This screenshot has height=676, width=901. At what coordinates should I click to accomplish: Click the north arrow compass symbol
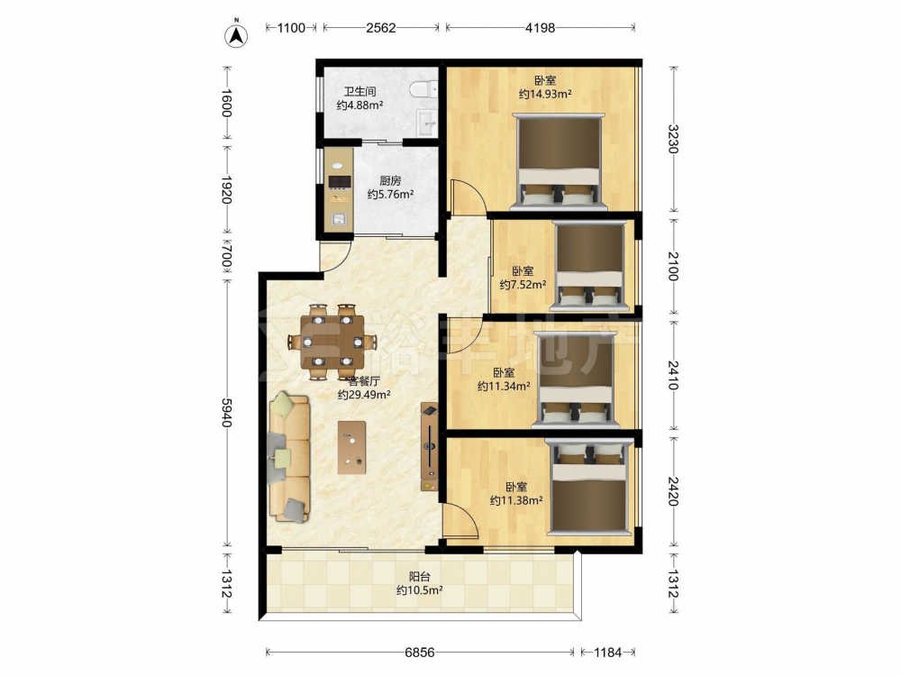point(235,35)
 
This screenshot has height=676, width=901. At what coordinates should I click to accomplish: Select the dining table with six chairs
point(332,342)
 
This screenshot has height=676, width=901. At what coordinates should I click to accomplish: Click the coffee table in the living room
point(351,447)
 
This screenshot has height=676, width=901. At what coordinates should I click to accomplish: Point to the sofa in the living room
point(288,457)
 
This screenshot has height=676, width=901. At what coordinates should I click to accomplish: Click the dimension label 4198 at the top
point(540,28)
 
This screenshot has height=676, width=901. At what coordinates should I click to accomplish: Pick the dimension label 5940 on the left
point(226,413)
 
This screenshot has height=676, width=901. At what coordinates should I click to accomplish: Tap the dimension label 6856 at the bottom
point(420,653)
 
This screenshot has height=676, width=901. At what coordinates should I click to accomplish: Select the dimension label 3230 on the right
point(673,139)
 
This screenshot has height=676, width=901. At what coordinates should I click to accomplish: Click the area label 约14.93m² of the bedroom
point(545,95)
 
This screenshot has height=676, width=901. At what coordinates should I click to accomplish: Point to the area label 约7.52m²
point(523,284)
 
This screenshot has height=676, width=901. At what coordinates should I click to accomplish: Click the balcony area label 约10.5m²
point(419,589)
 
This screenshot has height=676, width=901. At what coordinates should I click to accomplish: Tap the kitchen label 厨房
point(391,180)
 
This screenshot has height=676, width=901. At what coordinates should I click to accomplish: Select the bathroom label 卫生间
point(359,91)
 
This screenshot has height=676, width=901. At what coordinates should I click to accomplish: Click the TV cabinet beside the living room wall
point(430,446)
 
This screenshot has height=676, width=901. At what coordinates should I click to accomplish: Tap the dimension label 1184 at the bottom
point(607,653)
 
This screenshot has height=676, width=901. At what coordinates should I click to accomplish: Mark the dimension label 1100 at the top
point(291,28)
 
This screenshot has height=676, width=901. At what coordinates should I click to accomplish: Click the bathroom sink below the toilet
point(426,122)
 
